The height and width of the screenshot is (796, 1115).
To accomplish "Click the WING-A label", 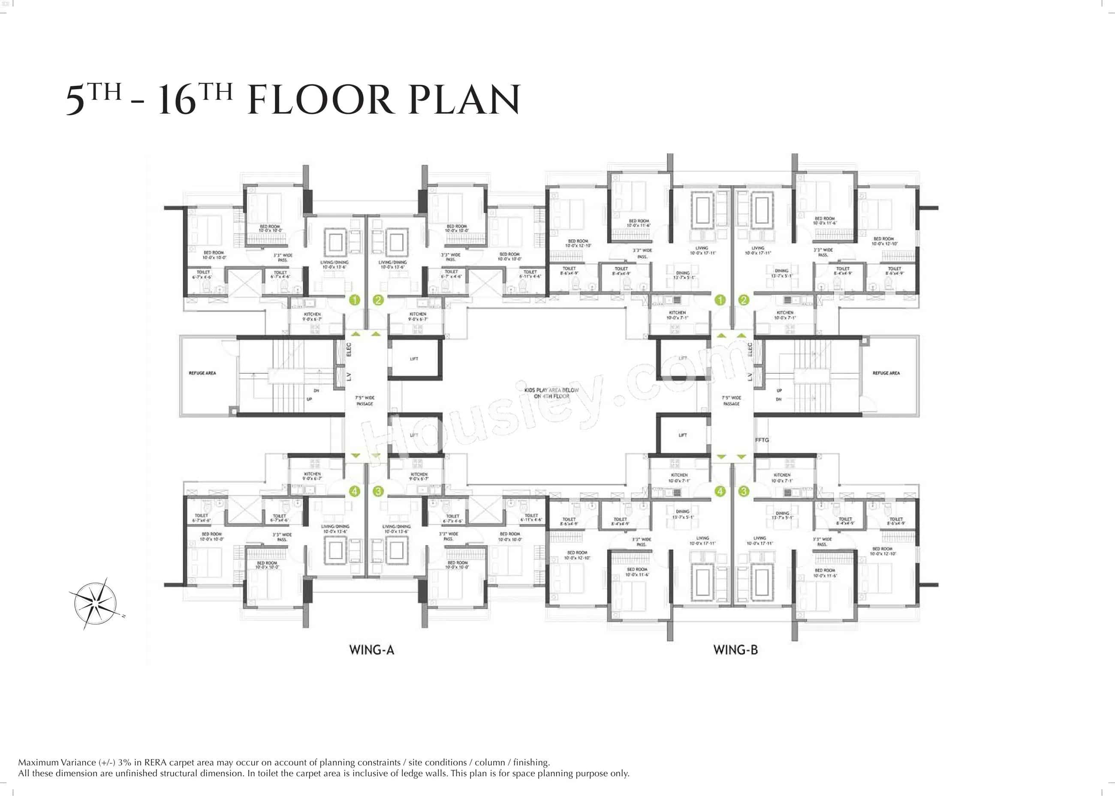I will (x=371, y=650).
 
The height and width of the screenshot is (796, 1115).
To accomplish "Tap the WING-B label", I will (x=735, y=650).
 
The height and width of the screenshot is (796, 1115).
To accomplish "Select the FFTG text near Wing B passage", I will (x=762, y=440).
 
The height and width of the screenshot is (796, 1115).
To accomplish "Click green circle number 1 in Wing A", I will (x=354, y=300).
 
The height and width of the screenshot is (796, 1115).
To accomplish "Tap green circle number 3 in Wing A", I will (x=377, y=491).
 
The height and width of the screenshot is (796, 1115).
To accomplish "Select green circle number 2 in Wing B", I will (x=744, y=300).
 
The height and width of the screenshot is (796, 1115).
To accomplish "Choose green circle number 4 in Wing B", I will (x=720, y=491).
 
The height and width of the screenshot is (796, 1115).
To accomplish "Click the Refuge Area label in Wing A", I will (x=202, y=373).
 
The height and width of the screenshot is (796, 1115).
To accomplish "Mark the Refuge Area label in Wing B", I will (x=886, y=373).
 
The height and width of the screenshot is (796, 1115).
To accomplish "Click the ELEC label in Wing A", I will (x=349, y=349).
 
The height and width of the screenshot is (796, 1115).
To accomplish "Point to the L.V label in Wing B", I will (x=749, y=377).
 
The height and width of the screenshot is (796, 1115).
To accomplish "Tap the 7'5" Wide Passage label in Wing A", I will (x=365, y=401).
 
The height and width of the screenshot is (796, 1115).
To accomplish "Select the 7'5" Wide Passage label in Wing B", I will (x=731, y=401).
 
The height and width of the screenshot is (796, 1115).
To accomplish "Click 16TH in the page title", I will (x=195, y=99).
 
